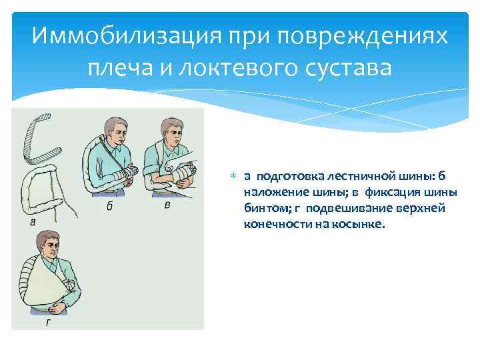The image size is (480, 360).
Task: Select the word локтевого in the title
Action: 237,67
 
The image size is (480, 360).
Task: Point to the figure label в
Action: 167,204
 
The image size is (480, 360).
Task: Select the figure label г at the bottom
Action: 49,323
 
